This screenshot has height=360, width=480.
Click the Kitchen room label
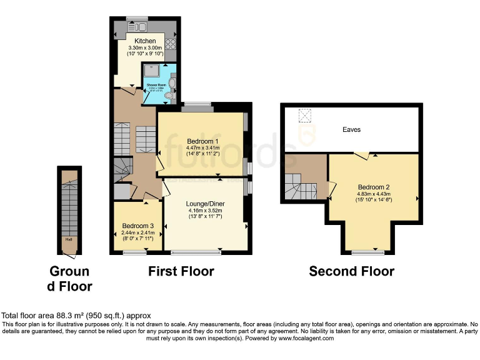pyautogui.click(x=146, y=41)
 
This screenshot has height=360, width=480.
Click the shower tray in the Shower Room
pyautogui.click(x=152, y=69)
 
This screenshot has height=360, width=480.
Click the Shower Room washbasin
pyautogui.click(x=172, y=82)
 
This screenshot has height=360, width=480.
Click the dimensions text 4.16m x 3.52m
pyautogui.click(x=206, y=211)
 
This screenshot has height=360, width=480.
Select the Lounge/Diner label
pyautogui.click(x=206, y=204)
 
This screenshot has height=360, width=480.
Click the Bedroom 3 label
pyautogui.click(x=138, y=226)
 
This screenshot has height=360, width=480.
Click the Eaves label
pyautogui.click(x=351, y=129)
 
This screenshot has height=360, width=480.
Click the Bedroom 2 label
pyautogui.click(x=374, y=187)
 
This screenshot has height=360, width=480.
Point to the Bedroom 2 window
pyautogui.click(x=367, y=252)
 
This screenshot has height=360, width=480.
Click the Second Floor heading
pyautogui.click(x=352, y=271)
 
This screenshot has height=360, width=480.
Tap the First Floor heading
pyautogui.click(x=181, y=271)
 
